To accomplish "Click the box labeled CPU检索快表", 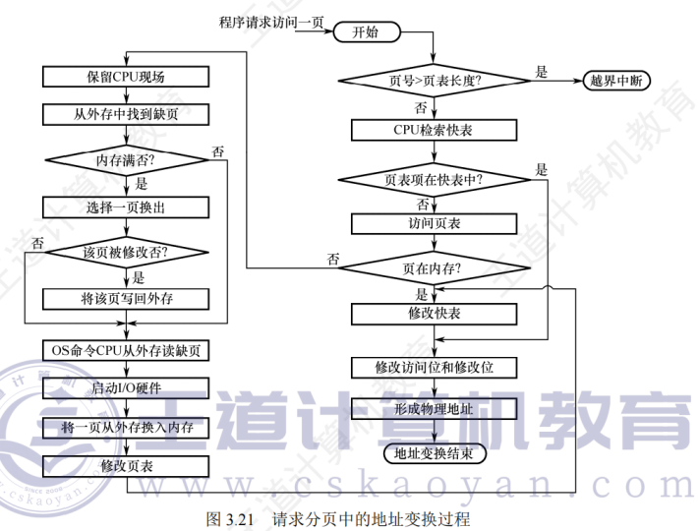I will pos(433,130).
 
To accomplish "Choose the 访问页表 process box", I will pos(433,223).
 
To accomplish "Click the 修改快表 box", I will pos(433,313).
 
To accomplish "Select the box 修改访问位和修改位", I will pos(433,367).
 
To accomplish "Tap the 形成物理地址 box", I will pos(433,407).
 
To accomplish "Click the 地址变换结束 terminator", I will pos(433,453).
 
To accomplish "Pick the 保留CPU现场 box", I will pos(126,77).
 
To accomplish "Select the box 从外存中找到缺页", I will pos(126,115).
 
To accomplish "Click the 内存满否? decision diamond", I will pos(126,159).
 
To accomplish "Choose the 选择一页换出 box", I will pos(126,206).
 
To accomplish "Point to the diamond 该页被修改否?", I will pos(126,252).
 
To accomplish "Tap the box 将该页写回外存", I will pos(126,298).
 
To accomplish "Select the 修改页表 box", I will pos(126,463).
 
